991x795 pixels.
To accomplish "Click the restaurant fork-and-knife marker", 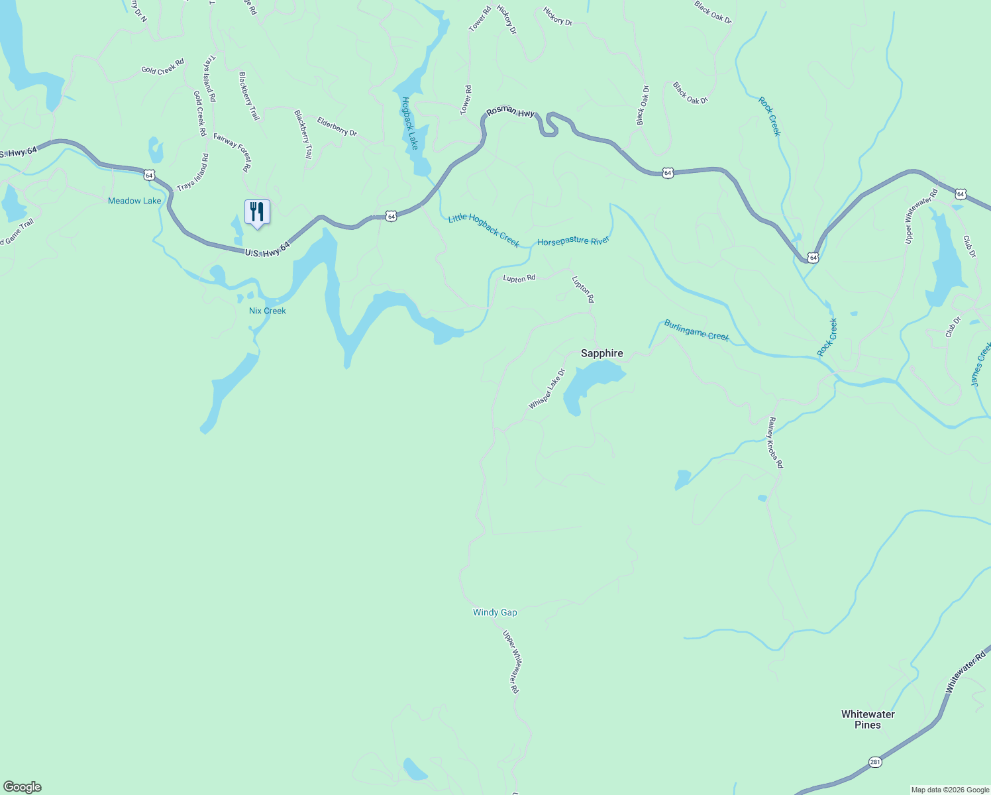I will pyautogui.click(x=257, y=212).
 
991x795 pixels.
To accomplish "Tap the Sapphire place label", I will pyautogui.click(x=601, y=353).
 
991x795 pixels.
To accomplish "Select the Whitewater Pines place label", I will pyautogui.click(x=868, y=719).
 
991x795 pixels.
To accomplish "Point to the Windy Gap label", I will pyautogui.click(x=495, y=612).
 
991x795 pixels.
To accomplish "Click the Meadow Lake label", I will pyautogui.click(x=134, y=201).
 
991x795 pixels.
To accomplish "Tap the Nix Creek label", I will pyautogui.click(x=267, y=311).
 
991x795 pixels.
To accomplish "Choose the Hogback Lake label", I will pyautogui.click(x=410, y=123).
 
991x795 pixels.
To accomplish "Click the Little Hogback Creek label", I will pyautogui.click(x=484, y=230).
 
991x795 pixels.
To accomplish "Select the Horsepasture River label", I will pyautogui.click(x=573, y=241).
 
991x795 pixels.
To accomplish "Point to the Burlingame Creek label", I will pyautogui.click(x=696, y=331).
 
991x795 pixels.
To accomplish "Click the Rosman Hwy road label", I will pyautogui.click(x=510, y=113).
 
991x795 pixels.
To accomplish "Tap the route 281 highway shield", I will pyautogui.click(x=875, y=762).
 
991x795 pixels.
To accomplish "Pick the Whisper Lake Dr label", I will pyautogui.click(x=547, y=389).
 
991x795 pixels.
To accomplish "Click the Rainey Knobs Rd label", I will pyautogui.click(x=775, y=443).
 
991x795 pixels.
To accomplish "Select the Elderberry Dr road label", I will pyautogui.click(x=337, y=127).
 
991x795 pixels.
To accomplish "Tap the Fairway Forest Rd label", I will pyautogui.click(x=233, y=152).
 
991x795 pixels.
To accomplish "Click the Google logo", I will pyautogui.click(x=22, y=787).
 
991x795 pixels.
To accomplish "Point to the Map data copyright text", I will pyautogui.click(x=950, y=790).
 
